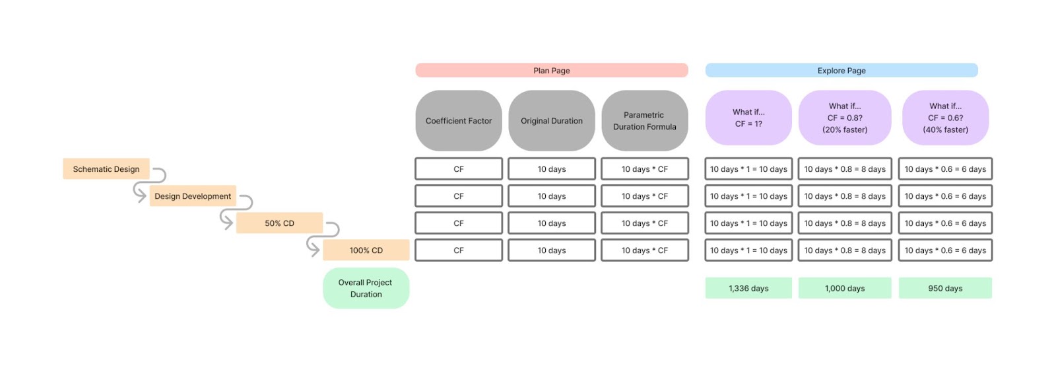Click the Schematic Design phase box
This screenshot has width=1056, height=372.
106,169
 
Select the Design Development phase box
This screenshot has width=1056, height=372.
193,196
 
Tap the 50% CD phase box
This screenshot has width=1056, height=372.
279,223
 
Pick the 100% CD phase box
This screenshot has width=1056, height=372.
366,250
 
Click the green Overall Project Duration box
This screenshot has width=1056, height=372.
366,288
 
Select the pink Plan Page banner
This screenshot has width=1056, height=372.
551,71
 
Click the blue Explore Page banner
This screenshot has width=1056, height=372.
841,71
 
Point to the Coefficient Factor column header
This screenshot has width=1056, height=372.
459,121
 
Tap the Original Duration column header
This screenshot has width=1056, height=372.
552,121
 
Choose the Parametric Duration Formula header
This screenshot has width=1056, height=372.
645,121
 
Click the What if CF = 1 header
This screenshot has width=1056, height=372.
748,118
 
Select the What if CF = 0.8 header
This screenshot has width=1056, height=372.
845,118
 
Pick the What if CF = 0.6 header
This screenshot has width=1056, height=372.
945,118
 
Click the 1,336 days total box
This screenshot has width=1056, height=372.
748,288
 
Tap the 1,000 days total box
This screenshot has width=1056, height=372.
845,288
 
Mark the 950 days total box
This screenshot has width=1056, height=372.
945,288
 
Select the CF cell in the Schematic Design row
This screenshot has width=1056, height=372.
459,169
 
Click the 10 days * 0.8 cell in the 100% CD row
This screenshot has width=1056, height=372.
845,250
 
